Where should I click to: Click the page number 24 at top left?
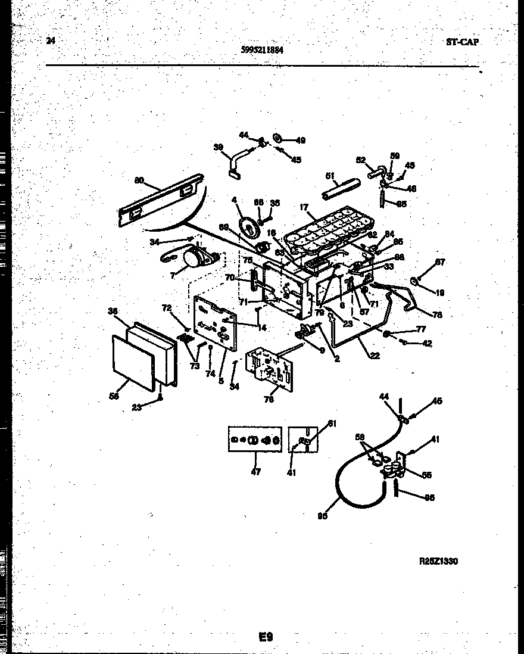pyautogui.click(x=50, y=41)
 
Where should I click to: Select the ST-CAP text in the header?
pyautogui.click(x=462, y=42)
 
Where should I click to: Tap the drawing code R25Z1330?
pyautogui.click(x=439, y=561)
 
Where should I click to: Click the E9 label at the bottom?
pyautogui.click(x=266, y=637)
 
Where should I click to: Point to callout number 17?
pyautogui.click(x=304, y=208)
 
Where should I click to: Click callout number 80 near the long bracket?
pyautogui.click(x=139, y=180)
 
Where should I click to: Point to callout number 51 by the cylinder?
pyautogui.click(x=329, y=176)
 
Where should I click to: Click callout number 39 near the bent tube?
pyautogui.click(x=218, y=147)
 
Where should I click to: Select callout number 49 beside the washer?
pyautogui.click(x=300, y=141)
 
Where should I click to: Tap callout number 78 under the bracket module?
pyautogui.click(x=269, y=400)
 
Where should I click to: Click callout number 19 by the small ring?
pyautogui.click(x=439, y=292)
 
